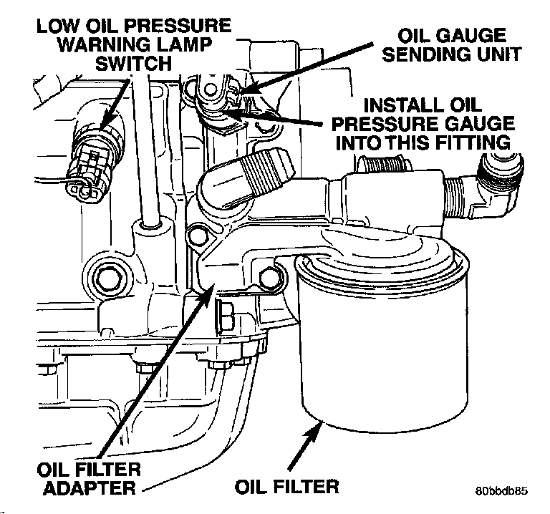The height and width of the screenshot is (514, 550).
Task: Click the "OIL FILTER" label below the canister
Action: [286, 487]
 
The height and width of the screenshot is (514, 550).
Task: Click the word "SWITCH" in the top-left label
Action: [135, 64]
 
